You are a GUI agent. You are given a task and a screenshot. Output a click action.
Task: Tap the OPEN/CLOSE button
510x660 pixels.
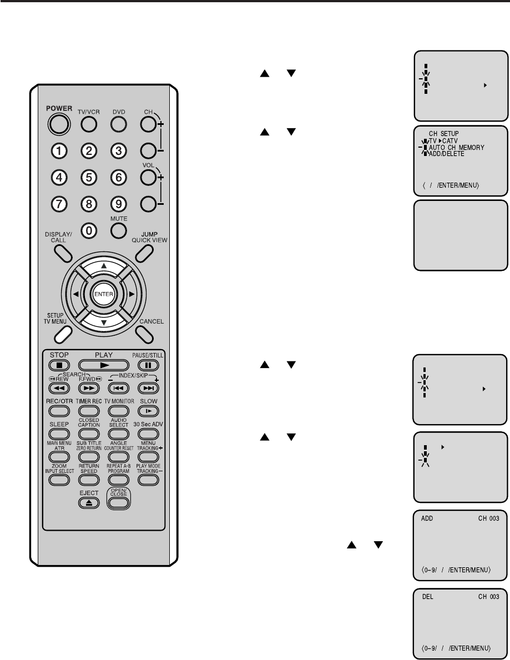pos(118,502)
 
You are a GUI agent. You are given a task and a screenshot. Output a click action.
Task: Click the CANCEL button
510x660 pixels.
pos(143,334)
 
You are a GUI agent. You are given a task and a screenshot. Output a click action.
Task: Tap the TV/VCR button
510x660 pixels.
pos(89,124)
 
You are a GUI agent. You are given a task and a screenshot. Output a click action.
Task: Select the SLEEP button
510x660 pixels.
pos(58,433)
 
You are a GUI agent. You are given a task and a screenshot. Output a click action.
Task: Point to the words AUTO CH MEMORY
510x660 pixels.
pos(457,148)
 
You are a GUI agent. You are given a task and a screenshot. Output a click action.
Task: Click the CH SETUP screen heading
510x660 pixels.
pos(444,134)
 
